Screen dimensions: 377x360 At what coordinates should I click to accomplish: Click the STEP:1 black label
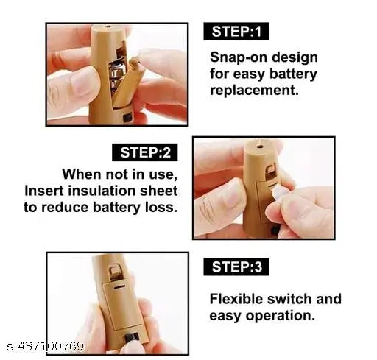[236, 32]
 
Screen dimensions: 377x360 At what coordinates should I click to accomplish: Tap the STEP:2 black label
[145, 152]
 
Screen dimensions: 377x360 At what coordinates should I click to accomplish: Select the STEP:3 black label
[236, 267]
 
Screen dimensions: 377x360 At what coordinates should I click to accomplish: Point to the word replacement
[254, 91]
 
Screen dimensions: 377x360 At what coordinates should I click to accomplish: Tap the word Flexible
[236, 299]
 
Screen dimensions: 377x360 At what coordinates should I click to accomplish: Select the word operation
[281, 316]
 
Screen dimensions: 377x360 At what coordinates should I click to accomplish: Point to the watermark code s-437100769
[46, 347]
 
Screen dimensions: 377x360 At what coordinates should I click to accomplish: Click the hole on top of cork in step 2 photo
[260, 147]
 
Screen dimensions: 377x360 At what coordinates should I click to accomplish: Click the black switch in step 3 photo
[132, 338]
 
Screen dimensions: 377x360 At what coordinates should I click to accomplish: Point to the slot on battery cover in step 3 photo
[119, 287]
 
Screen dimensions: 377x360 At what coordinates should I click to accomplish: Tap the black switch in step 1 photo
[127, 117]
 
